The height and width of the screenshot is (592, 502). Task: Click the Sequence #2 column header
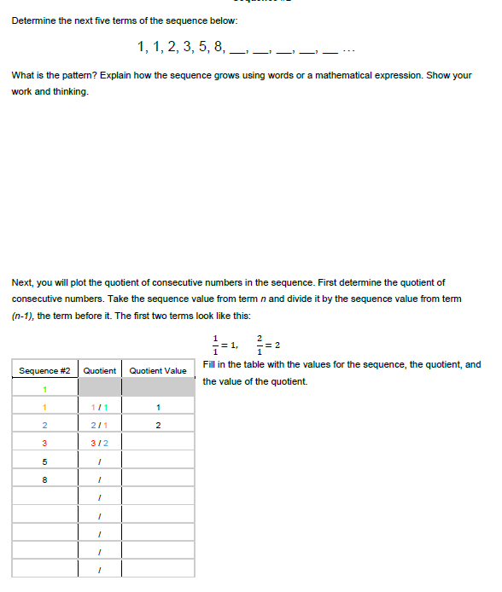44,371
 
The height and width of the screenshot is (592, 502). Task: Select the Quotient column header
100,371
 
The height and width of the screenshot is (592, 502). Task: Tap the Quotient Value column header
158,371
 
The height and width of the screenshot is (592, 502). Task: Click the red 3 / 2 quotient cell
100,443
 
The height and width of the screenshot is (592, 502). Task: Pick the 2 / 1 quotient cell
100,425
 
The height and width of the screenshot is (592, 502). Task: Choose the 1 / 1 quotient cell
100,407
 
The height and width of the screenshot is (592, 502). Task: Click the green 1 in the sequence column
44,389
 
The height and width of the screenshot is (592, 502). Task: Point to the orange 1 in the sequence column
44,407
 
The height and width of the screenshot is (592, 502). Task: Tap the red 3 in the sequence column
44,443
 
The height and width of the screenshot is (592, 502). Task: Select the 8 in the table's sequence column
44,479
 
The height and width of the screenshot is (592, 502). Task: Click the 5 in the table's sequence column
44,461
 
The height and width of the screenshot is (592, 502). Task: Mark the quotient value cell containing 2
158,425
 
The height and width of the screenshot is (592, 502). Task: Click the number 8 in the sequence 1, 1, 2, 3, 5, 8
219,46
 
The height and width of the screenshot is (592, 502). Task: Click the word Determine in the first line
33,20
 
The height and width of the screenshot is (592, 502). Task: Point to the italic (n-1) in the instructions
23,315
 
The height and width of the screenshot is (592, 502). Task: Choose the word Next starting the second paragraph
22,282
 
